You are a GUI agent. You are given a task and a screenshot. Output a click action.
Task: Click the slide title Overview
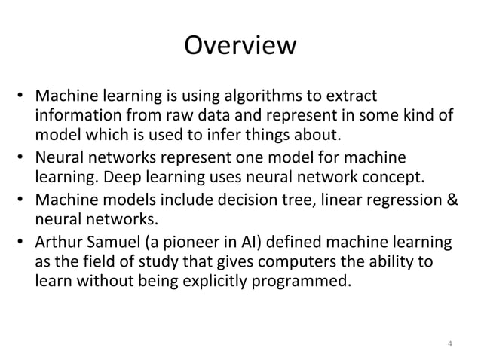(240, 47)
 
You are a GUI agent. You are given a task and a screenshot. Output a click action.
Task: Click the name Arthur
(57, 243)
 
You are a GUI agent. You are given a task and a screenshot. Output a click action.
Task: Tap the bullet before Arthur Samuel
(23, 243)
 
